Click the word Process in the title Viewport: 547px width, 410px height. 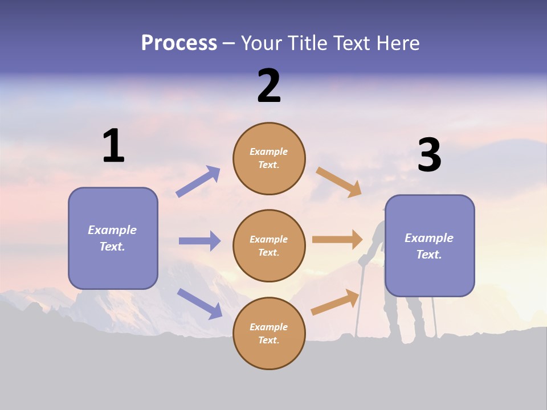(x=179, y=43)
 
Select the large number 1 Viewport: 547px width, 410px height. (x=113, y=146)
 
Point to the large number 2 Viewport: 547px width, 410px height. (x=269, y=86)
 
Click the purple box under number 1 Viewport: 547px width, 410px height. (x=113, y=238)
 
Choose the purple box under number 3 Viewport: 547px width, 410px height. (x=430, y=245)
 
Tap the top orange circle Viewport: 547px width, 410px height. (x=269, y=158)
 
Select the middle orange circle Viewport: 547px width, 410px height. (x=269, y=245)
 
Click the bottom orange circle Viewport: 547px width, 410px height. (x=269, y=333)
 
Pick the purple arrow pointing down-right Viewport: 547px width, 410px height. (x=199, y=303)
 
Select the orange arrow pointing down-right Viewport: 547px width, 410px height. (x=339, y=182)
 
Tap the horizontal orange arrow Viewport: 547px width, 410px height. (x=337, y=239)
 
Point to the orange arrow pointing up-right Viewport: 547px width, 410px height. (x=336, y=302)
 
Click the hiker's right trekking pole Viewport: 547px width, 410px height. (x=434, y=316)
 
